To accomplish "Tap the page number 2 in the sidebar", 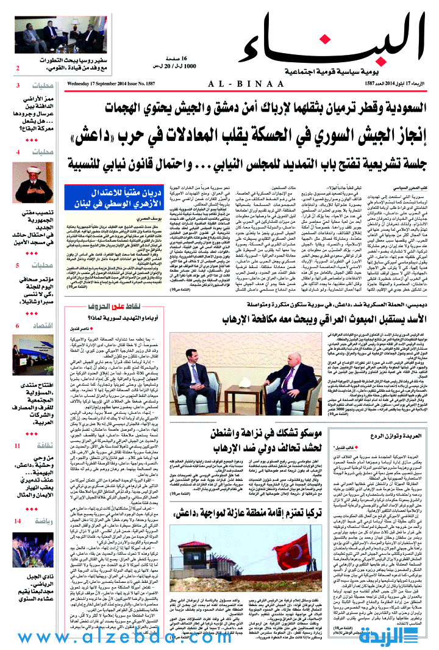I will click(18, 68).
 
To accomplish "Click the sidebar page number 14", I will click(19, 521).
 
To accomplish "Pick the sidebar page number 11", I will click(18, 446).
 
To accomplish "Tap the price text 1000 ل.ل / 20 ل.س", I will click(177, 65).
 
